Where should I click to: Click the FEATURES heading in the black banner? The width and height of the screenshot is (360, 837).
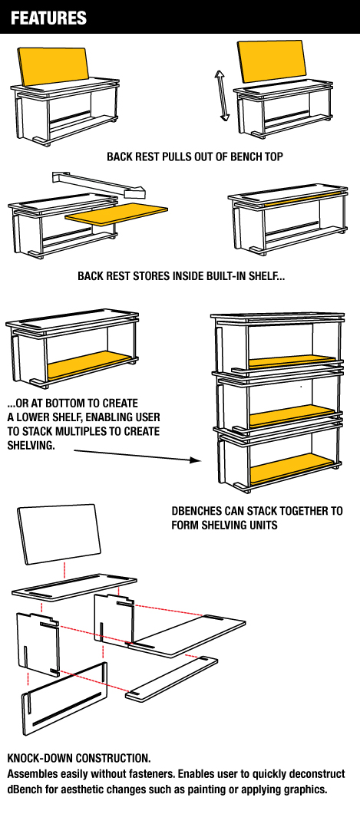point(48,18)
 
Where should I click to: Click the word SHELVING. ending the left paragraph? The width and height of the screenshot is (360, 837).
point(31,445)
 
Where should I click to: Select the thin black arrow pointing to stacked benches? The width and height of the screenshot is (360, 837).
point(136,456)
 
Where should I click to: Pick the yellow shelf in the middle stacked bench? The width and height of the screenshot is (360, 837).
point(292,414)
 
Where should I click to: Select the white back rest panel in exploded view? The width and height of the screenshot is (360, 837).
point(59,534)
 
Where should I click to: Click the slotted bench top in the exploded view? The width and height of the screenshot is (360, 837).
point(74,586)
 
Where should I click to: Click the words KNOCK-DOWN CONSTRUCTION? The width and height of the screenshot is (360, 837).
point(79,757)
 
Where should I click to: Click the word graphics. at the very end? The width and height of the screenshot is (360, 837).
point(304,789)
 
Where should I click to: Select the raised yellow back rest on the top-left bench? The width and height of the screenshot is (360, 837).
point(53,65)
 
